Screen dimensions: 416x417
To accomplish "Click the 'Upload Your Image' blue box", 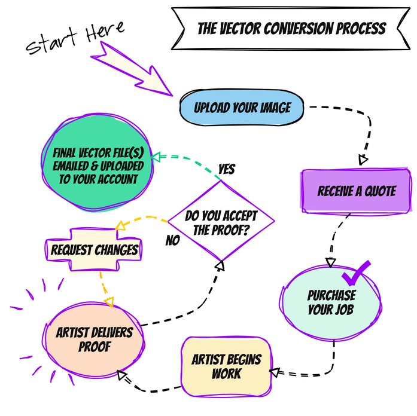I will click(242, 108).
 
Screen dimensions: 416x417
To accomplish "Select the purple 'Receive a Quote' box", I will click(357, 192).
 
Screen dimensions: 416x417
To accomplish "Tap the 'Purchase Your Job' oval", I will click(331, 302).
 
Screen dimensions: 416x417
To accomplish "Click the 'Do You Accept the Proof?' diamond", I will click(221, 221).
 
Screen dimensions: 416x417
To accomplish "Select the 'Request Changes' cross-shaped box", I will click(95, 249).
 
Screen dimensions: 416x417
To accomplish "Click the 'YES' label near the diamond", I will click(226, 169).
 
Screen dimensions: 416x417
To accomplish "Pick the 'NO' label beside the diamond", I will click(173, 241).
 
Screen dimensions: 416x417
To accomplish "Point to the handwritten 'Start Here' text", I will click(75, 39).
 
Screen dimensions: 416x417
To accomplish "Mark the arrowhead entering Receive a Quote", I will click(363, 160).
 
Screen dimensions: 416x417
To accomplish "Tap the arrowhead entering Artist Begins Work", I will click(275, 372).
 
